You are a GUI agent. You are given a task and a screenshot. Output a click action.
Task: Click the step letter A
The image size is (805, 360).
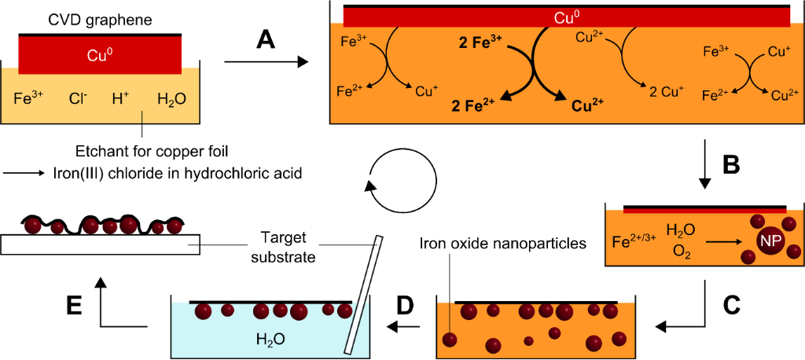click(267, 39)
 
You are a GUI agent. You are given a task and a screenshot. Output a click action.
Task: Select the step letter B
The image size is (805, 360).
click(731, 164)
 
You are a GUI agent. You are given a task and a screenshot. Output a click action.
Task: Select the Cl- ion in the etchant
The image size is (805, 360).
click(79, 99)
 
